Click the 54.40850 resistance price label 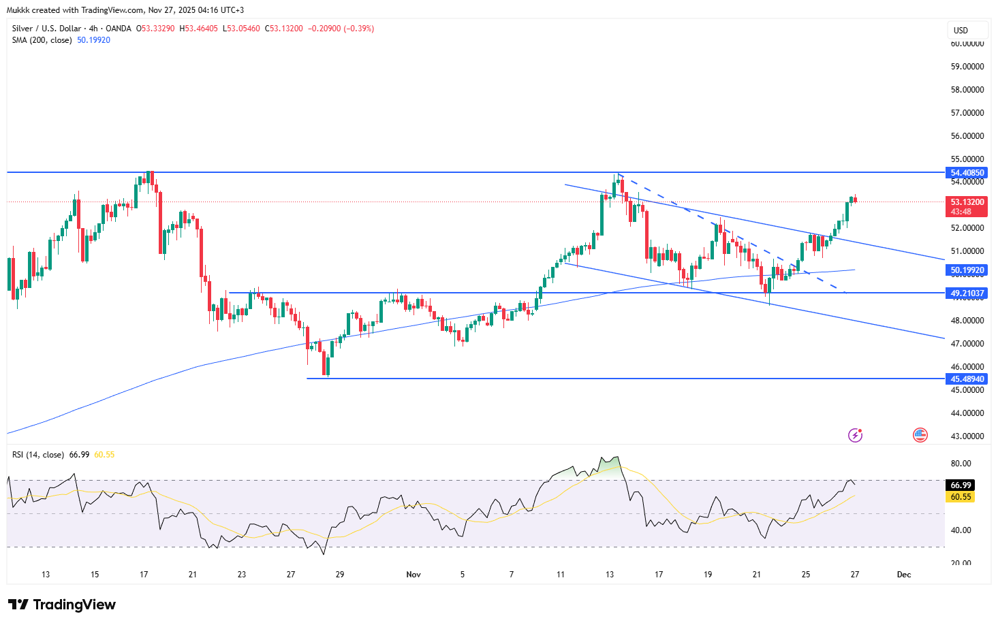coord(967,173)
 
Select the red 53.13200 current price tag coord(967,202)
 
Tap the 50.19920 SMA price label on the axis coord(967,270)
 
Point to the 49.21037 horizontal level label coord(967,293)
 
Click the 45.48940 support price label coord(967,379)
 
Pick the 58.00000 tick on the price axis coord(967,90)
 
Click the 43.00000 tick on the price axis coord(967,436)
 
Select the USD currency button coord(961,31)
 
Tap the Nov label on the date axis coord(414,575)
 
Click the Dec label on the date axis coord(904,575)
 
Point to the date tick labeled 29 coord(340,575)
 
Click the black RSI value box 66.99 coord(961,485)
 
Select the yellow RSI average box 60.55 coord(961,497)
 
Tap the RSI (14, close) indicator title coord(38,455)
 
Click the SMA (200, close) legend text coord(42,40)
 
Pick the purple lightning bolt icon coord(856,435)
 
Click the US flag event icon coord(920,435)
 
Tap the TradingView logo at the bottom coord(62,605)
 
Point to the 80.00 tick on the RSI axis coord(961,464)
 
